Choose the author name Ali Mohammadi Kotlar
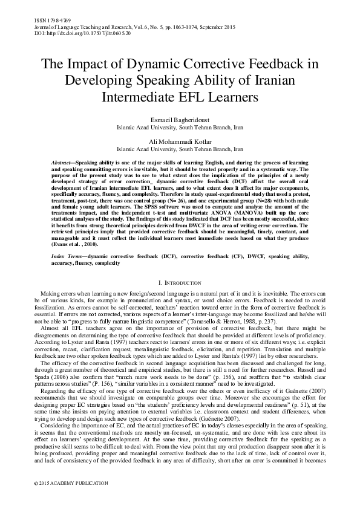point(180,141)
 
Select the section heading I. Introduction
point(180,282)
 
